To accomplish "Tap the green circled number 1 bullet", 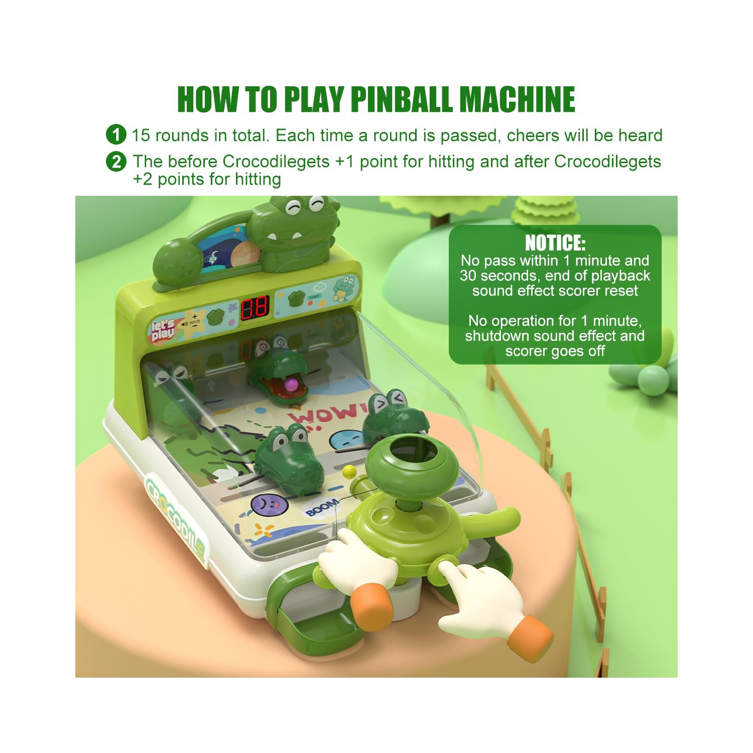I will pyautogui.click(x=116, y=135).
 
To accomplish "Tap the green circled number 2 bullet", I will pyautogui.click(x=116, y=162).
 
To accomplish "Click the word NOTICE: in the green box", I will pyautogui.click(x=555, y=243).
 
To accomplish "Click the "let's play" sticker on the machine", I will pyautogui.click(x=163, y=330).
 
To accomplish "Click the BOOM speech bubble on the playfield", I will pyautogui.click(x=321, y=507).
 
